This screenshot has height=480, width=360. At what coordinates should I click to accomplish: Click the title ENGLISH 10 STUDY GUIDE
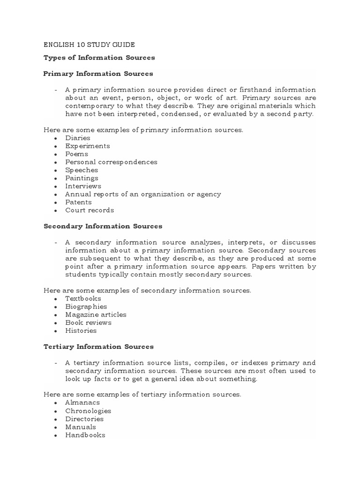pyautogui.click(x=89, y=45)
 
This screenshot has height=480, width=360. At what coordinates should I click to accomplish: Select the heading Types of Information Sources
pyautogui.click(x=99, y=58)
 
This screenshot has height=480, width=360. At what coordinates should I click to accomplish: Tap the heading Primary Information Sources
pyautogui.click(x=98, y=74)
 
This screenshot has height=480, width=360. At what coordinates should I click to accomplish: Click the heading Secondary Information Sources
pyautogui.click(x=103, y=226)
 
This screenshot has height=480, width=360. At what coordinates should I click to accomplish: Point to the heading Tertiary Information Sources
pyautogui.click(x=98, y=346)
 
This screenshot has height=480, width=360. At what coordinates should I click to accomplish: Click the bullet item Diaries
pyautogui.click(x=78, y=138)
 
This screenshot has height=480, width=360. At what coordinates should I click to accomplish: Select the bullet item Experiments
pyautogui.click(x=88, y=146)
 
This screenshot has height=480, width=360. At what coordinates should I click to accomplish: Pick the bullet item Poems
pyautogui.click(x=77, y=154)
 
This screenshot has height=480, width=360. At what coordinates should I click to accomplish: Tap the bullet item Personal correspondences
pyautogui.click(x=112, y=162)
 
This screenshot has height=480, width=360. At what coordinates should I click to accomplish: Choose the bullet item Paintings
pyautogui.click(x=82, y=178)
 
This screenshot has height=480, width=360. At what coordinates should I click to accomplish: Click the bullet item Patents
pyautogui.click(x=79, y=202)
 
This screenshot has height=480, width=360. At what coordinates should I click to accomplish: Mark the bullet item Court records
pyautogui.click(x=90, y=210)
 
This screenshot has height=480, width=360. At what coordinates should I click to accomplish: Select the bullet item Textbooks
pyautogui.click(x=83, y=298)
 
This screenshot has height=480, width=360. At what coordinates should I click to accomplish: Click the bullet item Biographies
pyautogui.click(x=86, y=307)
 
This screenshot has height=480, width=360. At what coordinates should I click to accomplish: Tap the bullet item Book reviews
pyautogui.click(x=88, y=322)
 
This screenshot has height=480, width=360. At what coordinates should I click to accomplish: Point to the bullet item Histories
pyautogui.click(x=81, y=330)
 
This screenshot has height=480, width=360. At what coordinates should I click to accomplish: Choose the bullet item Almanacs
pyautogui.click(x=82, y=403)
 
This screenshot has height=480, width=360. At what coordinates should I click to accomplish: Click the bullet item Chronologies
pyautogui.click(x=88, y=411)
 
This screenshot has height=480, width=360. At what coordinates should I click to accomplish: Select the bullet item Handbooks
pyautogui.click(x=85, y=435)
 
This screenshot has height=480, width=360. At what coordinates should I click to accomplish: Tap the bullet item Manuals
pyautogui.click(x=81, y=427)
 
